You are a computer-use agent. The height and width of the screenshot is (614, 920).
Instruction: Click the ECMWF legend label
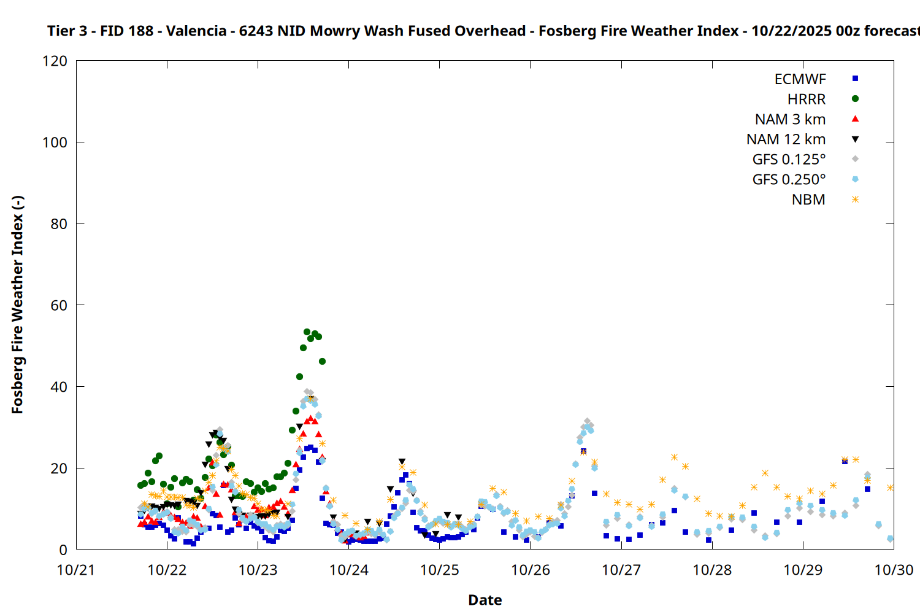(x=800, y=79)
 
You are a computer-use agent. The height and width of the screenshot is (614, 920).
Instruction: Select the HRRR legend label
(x=806, y=99)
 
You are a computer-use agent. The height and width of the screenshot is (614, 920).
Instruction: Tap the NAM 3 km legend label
(x=790, y=119)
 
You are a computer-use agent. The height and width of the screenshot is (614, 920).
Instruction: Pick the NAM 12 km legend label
(x=786, y=139)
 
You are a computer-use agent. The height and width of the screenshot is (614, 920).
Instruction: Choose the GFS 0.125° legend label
(x=789, y=160)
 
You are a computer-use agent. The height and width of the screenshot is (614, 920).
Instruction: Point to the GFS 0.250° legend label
(x=789, y=180)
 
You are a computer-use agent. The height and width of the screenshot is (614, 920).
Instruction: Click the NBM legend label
(x=808, y=200)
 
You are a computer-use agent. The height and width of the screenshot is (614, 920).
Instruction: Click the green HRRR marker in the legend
(x=855, y=99)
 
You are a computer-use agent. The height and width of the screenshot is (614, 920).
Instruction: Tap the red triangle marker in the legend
(x=855, y=119)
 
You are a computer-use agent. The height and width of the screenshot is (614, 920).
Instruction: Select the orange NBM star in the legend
(x=855, y=200)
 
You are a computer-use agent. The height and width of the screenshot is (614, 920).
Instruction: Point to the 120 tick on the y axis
(x=55, y=61)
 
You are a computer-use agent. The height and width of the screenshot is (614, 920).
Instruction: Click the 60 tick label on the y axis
(x=59, y=305)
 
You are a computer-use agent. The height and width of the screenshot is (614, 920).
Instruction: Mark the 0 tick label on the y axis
(x=63, y=550)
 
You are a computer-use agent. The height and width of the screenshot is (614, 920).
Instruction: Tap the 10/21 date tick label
(x=76, y=570)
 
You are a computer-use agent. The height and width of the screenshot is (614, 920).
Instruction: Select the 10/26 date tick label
(x=531, y=570)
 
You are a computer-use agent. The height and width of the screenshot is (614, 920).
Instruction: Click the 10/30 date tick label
(x=894, y=570)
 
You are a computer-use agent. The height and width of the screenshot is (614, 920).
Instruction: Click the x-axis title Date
(x=485, y=600)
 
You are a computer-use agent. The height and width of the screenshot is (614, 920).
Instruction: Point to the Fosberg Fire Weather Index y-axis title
(x=17, y=305)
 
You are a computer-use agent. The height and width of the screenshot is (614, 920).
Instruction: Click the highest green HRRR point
(x=307, y=332)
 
